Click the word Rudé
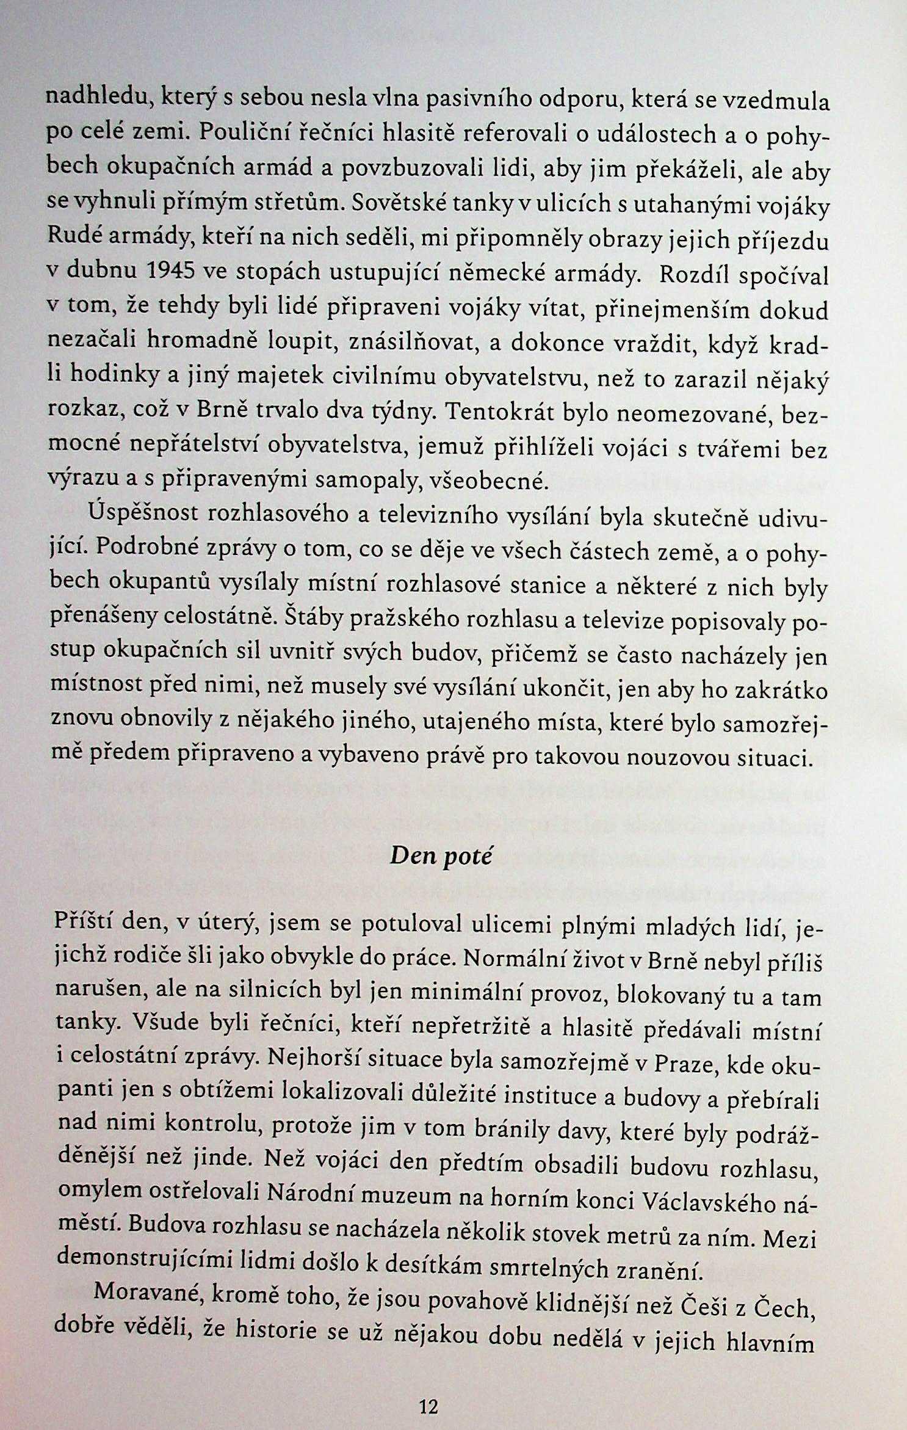coord(70,236)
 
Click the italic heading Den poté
coord(441,856)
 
